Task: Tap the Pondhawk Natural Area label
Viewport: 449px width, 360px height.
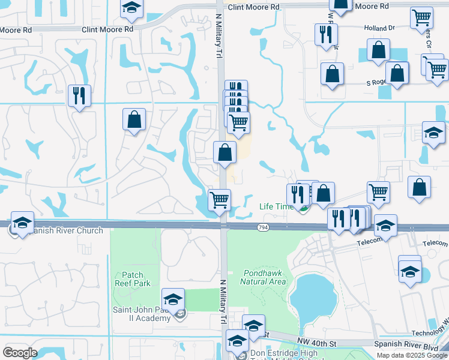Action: pos(263,277)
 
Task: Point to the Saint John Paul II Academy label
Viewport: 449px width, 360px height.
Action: pos(142,314)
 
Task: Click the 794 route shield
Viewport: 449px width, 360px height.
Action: pos(262,227)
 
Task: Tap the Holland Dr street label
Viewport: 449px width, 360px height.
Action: pos(379,28)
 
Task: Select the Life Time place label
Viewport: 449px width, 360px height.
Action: pos(276,206)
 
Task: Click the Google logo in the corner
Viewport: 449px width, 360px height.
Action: pos(20,353)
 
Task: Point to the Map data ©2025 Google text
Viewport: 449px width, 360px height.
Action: pos(412,355)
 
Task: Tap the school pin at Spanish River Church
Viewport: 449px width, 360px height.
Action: pos(22,223)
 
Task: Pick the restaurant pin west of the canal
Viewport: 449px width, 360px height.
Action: pos(79,95)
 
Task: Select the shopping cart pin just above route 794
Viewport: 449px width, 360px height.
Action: pos(220,200)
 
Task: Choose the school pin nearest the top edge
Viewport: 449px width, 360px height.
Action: pos(131,8)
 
